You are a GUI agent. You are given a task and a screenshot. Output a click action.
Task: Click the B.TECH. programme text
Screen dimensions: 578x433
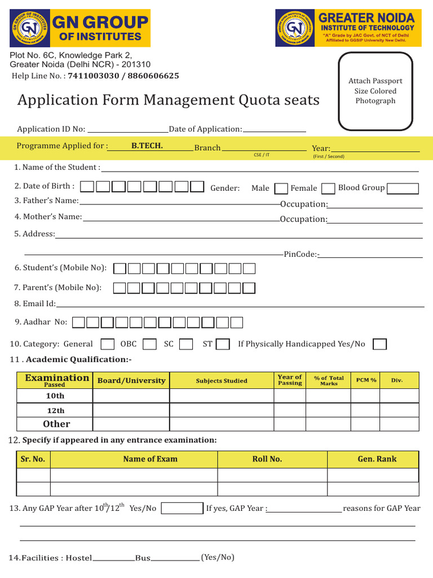coord(147,146)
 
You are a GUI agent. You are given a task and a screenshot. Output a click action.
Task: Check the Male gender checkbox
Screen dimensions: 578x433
coord(281,189)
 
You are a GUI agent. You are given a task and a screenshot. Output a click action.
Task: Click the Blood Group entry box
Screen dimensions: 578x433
coord(403,189)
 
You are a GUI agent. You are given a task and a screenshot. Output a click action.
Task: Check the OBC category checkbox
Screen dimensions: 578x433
coord(149,344)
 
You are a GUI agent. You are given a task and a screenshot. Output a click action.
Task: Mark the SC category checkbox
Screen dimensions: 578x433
coord(187,344)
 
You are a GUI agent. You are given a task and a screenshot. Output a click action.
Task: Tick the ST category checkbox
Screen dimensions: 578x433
coord(223,344)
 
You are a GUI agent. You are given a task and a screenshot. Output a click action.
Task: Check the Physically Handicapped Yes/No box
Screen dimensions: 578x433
coord(380,344)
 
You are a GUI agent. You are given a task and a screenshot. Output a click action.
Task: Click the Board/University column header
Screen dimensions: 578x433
coord(131,380)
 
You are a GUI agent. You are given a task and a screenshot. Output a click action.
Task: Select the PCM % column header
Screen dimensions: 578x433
coord(366,380)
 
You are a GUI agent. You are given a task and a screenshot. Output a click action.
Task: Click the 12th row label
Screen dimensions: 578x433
coord(55,410)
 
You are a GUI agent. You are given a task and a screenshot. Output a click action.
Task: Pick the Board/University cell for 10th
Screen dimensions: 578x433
coord(131,396)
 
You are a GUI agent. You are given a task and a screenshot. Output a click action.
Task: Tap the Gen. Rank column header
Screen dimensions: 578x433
coord(377,459)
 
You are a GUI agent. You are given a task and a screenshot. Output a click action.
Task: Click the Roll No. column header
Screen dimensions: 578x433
coord(267,459)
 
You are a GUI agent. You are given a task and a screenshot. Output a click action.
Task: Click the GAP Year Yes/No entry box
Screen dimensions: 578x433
coord(182,509)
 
